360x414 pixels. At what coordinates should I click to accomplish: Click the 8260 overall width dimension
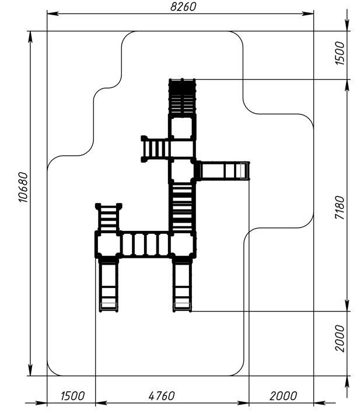[x=183, y=7]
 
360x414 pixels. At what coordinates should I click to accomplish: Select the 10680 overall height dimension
[x=23, y=187]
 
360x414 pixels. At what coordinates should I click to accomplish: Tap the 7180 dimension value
[x=340, y=208]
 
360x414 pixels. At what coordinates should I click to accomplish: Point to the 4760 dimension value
[x=162, y=396]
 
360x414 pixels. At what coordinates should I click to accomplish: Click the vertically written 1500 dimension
[x=340, y=53]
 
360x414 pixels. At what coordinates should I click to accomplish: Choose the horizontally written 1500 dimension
[x=72, y=396]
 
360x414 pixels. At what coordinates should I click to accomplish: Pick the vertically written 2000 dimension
[x=340, y=338]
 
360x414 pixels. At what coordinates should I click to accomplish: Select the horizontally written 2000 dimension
[x=283, y=396]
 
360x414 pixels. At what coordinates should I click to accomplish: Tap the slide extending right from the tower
[x=222, y=171]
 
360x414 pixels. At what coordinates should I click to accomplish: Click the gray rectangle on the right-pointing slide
[x=244, y=171]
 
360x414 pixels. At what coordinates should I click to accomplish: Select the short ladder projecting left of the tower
[x=156, y=149]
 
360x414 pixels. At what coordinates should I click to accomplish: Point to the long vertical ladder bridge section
[x=182, y=208]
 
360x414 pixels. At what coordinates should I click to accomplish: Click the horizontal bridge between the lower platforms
[x=145, y=244]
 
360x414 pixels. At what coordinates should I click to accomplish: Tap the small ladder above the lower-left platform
[x=109, y=217]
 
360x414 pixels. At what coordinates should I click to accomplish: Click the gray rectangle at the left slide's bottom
[x=109, y=306]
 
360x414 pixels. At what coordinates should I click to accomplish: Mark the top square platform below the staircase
[x=182, y=128]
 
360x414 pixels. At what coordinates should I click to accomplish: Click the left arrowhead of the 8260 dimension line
[x=53, y=14]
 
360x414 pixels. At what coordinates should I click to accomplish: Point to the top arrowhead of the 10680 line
[x=30, y=37]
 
